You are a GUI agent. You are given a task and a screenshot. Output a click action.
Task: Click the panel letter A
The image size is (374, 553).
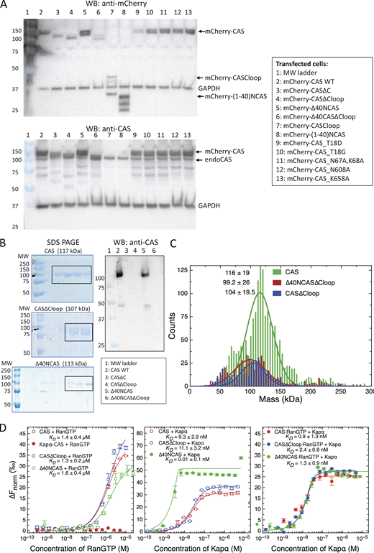pos(6,5)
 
